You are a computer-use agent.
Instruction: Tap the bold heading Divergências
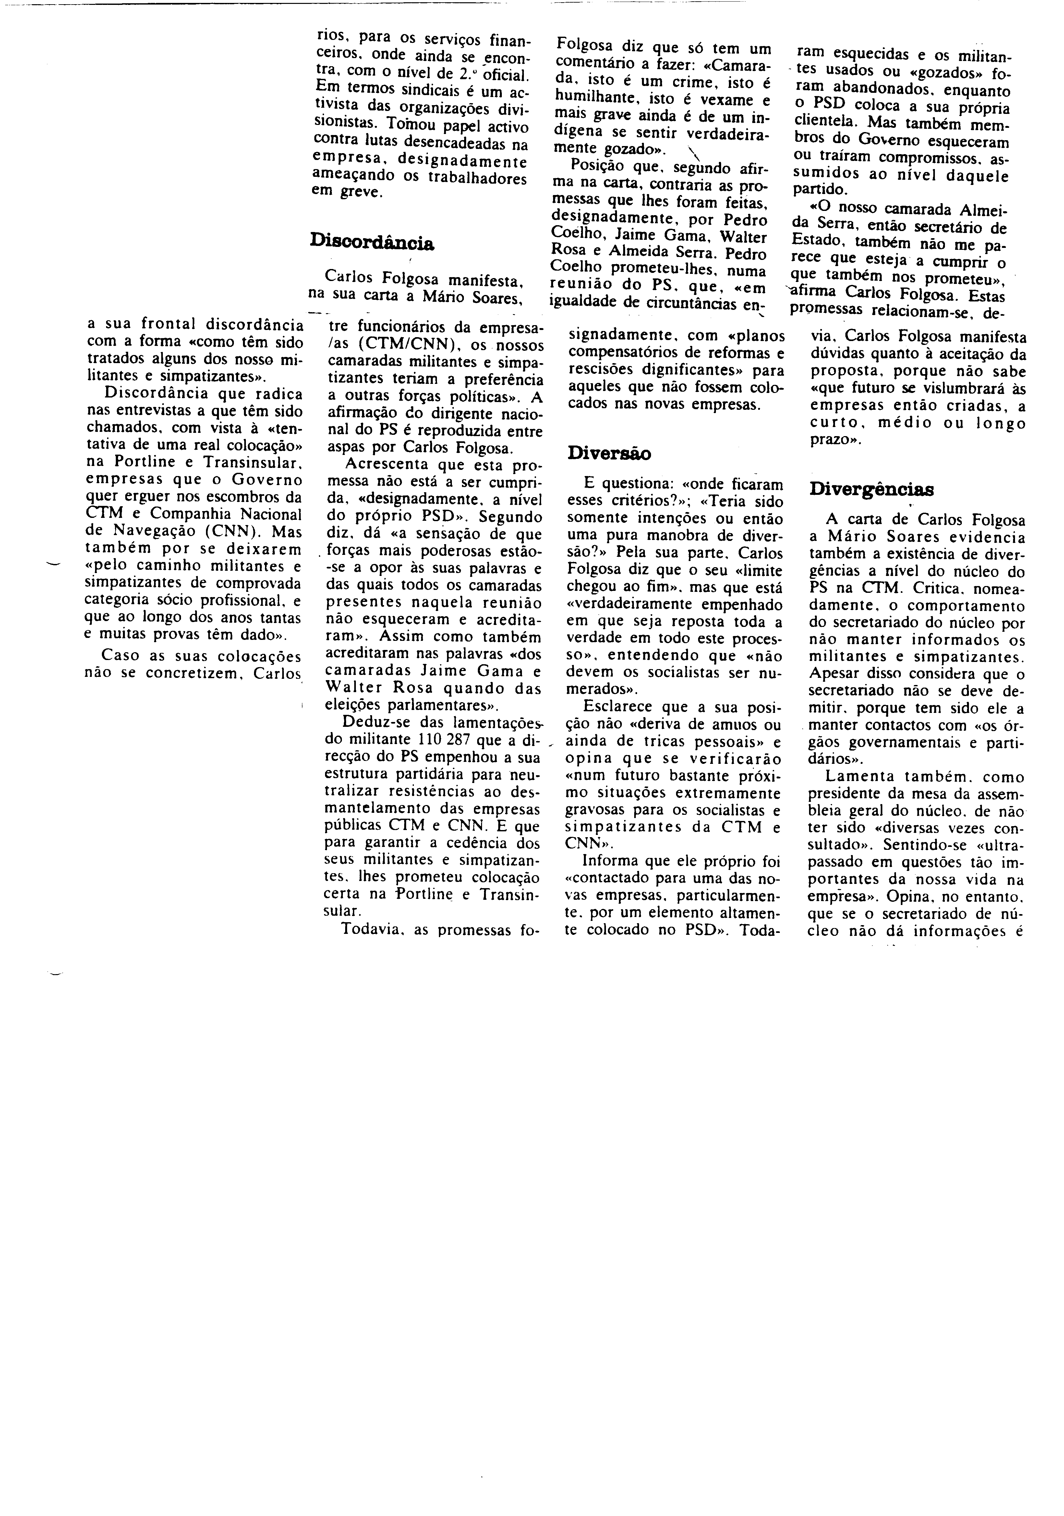pyautogui.click(x=871, y=489)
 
